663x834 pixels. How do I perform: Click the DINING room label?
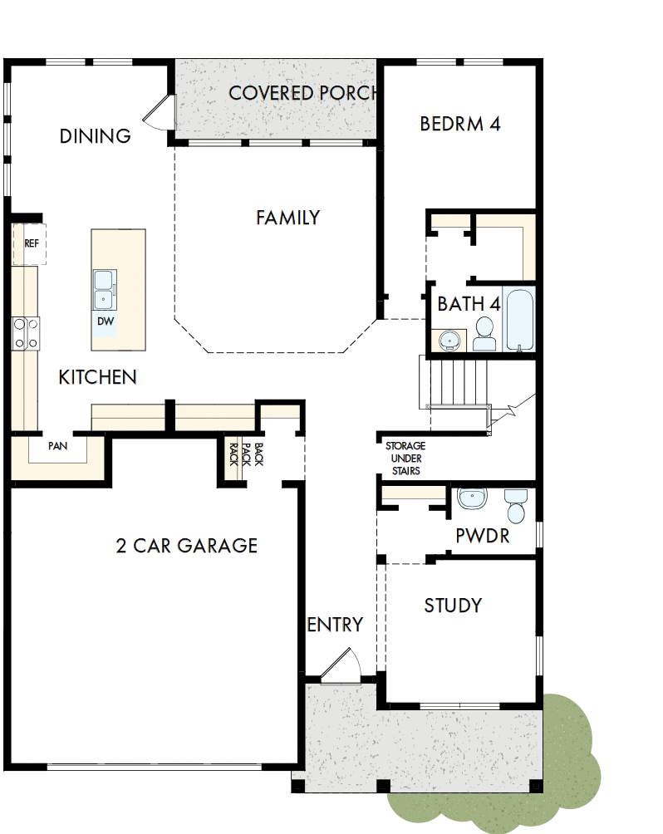click(95, 136)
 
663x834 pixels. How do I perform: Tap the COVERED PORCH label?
click(302, 92)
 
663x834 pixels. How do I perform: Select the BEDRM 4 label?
click(459, 124)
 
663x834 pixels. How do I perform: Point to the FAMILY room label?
click(287, 218)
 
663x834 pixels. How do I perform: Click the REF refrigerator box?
click(31, 243)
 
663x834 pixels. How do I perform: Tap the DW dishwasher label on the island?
click(105, 321)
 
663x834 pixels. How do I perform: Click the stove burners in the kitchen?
click(25, 333)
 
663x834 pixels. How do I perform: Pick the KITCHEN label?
click(97, 377)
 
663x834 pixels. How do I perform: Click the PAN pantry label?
click(57, 446)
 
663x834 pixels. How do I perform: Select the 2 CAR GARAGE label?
click(186, 546)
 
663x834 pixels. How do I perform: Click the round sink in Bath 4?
click(449, 340)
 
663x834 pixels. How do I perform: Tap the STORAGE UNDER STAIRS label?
click(405, 459)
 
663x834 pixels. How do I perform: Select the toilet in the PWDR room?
click(516, 505)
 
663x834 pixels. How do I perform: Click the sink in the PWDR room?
click(473, 498)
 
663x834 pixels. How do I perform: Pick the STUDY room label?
click(453, 606)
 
